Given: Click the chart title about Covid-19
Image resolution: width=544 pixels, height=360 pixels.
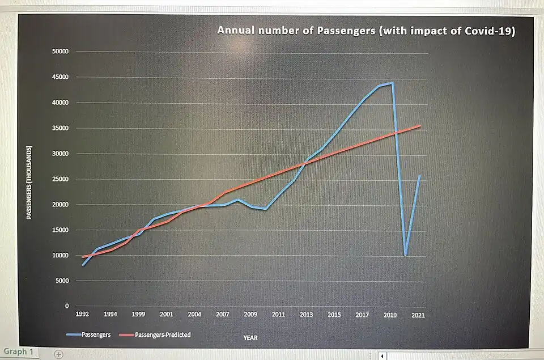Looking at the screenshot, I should (x=365, y=31).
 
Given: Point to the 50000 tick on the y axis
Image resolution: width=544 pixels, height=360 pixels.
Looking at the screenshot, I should (x=60, y=52).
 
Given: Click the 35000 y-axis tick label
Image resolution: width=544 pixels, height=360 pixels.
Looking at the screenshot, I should (x=60, y=128).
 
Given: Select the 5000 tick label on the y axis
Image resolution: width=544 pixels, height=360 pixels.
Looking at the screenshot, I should (x=62, y=281).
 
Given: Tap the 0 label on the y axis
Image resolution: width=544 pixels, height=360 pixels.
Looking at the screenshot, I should (x=66, y=306).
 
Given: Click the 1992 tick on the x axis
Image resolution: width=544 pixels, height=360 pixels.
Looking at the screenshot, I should (x=83, y=314).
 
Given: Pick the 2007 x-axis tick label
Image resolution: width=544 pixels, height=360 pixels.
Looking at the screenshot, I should (x=222, y=314).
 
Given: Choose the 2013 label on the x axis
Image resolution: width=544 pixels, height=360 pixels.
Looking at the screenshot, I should (x=306, y=314).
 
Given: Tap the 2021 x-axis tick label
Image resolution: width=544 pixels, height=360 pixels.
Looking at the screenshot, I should (x=418, y=314).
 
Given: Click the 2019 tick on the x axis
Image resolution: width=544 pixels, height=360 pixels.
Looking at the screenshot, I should (x=390, y=314).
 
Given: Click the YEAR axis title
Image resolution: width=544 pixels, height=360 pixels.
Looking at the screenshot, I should (x=250, y=337).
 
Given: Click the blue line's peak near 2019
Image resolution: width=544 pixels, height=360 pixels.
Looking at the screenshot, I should (x=392, y=83).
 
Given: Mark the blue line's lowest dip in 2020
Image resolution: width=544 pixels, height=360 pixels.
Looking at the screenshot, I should (x=405, y=255).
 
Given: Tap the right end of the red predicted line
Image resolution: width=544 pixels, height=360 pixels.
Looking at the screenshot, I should (x=420, y=126).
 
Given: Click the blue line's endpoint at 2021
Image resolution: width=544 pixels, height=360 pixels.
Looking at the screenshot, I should (x=419, y=176).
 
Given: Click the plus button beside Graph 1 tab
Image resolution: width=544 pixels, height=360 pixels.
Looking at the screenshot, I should (x=58, y=354).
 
